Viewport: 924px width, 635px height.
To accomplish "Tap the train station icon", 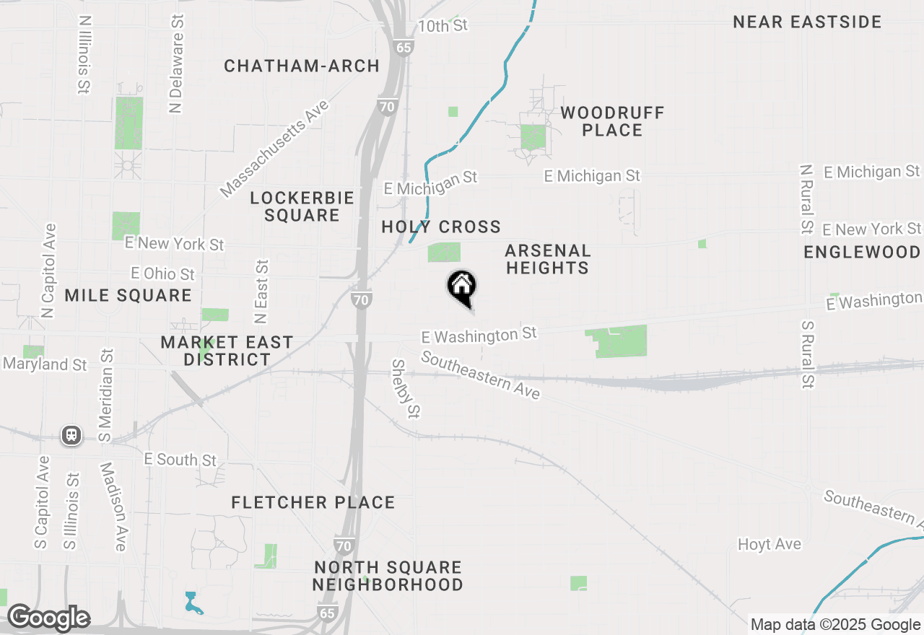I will [71, 435].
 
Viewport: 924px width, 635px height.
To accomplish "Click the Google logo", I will [48, 618].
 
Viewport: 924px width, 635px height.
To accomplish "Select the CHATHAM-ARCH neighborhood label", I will [302, 66].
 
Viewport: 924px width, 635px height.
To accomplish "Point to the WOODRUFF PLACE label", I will [612, 121].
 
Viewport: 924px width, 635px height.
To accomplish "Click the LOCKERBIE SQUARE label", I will [302, 206].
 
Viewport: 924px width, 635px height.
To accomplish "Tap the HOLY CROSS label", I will [441, 227].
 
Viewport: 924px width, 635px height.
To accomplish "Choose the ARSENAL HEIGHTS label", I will [547, 259].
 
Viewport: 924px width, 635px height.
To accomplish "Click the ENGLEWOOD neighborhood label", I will [862, 252].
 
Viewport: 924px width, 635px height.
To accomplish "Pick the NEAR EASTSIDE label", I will [807, 22].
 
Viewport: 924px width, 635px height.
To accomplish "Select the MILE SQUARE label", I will [128, 295].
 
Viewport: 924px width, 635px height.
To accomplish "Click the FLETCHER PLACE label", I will [313, 502].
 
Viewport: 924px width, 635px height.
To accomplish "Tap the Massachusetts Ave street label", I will [274, 149].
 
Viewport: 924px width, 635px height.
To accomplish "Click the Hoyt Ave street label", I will [769, 544].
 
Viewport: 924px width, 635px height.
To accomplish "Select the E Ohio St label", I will [162, 273].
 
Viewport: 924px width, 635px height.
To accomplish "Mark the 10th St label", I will [443, 26].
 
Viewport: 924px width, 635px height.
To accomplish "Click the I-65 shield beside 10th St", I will [404, 48].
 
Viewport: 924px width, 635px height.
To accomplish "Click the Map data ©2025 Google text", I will [835, 624].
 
